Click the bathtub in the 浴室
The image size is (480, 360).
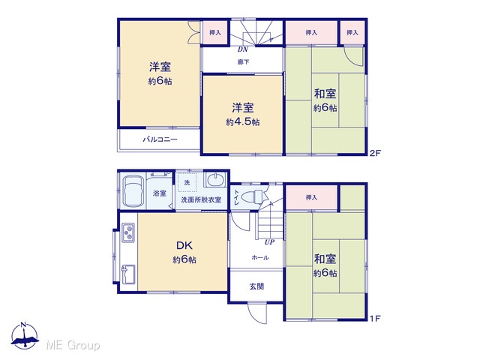(133, 192)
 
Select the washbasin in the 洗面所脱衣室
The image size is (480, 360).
(215, 180)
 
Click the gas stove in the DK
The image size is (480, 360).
(128, 232)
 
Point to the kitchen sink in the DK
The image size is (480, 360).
(128, 274)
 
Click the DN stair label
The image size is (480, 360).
(242, 49)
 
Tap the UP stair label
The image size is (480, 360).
(269, 242)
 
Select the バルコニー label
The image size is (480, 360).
(160, 139)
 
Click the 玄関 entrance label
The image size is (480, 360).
(256, 286)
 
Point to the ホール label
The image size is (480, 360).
(260, 258)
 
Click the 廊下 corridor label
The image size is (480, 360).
(243, 62)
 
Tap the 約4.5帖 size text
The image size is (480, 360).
(243, 122)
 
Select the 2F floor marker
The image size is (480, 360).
(375, 153)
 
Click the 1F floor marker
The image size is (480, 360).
(375, 318)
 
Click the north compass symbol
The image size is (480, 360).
(25, 335)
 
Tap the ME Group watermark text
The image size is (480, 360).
(73, 345)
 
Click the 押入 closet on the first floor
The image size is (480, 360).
(311, 198)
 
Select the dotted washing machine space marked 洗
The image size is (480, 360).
(187, 183)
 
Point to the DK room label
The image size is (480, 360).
(184, 245)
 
